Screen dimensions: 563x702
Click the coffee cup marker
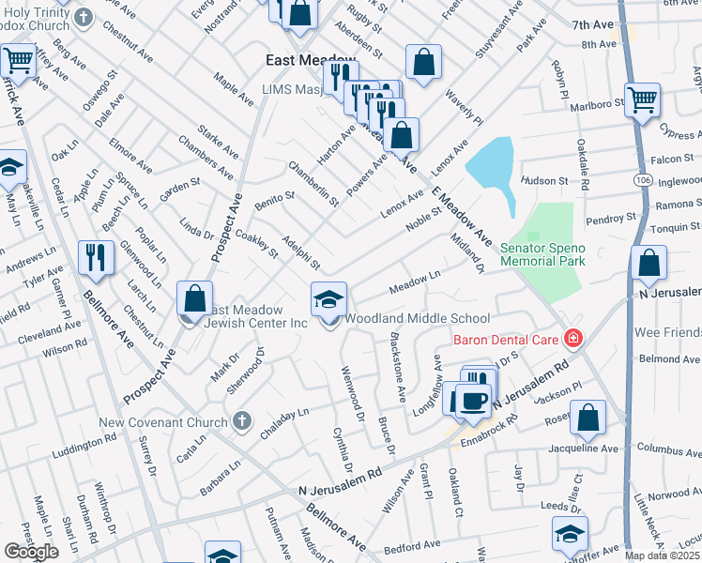[472, 399]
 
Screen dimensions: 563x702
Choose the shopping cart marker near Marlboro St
[642, 100]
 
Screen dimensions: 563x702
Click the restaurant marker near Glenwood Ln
[95, 257]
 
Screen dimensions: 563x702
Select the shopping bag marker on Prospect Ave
[195, 299]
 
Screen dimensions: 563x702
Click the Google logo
[31, 552]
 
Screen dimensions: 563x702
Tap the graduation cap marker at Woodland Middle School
[328, 300]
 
